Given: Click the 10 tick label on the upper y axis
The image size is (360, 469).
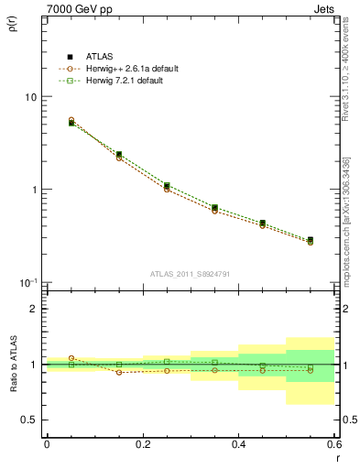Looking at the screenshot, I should [30, 97].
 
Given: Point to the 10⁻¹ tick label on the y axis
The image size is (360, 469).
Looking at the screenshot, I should [28, 282].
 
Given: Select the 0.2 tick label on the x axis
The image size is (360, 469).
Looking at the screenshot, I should [142, 444].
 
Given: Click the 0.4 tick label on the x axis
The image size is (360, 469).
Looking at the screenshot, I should [238, 444].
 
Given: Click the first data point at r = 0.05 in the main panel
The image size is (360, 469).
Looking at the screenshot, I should [71, 122].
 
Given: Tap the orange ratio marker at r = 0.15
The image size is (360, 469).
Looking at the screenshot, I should [119, 373].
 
